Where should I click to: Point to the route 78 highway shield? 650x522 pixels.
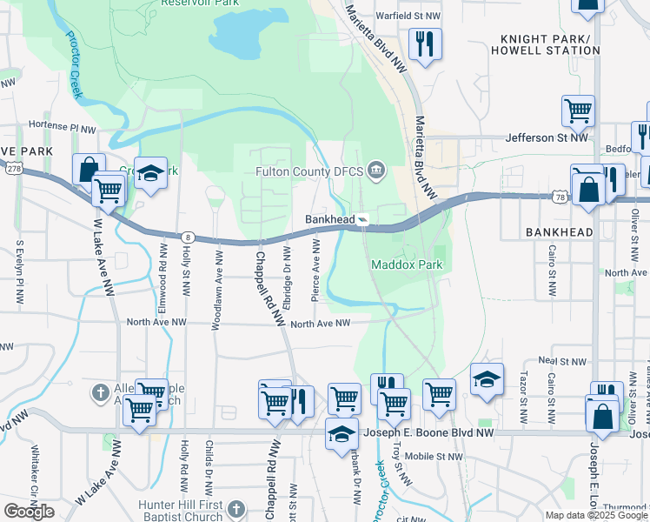click(559, 197)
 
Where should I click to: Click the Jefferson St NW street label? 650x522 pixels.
click(548, 137)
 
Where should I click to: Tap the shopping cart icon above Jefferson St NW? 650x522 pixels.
click(578, 110)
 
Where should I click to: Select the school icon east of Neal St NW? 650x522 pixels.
click(487, 379)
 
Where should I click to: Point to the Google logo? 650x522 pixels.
click(29, 512)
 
